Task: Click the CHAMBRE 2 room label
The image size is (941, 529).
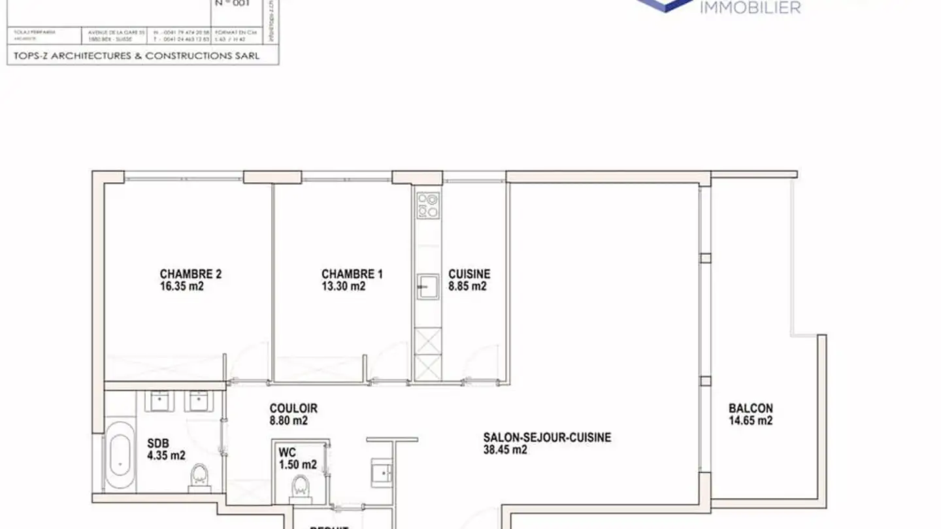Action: click(x=190, y=274)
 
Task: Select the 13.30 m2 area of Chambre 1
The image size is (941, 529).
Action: click(x=343, y=286)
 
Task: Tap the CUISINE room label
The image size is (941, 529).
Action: click(x=469, y=274)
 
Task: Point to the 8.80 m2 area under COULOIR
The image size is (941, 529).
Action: click(x=288, y=421)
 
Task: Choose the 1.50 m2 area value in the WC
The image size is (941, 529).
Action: click(x=297, y=464)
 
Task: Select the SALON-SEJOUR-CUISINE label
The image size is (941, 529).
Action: click(x=547, y=437)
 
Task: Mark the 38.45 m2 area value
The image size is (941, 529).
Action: click(x=505, y=449)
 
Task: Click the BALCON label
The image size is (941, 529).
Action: click(x=750, y=408)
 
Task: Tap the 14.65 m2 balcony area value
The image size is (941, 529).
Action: click(x=750, y=421)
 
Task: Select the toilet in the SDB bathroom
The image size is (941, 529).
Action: click(x=198, y=477)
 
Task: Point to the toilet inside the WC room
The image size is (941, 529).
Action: click(x=300, y=487)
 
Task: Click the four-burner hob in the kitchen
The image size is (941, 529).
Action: click(x=428, y=204)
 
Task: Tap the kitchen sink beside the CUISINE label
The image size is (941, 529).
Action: click(x=428, y=286)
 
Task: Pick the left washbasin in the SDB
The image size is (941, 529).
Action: click(x=159, y=400)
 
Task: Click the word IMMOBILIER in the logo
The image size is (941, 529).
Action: click(x=750, y=8)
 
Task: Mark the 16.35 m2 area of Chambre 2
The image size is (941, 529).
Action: click(x=182, y=286)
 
